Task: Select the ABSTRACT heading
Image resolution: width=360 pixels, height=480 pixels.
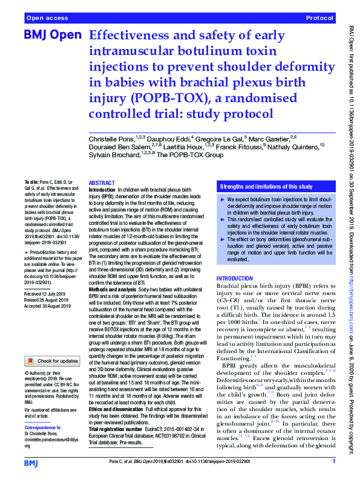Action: click(101, 183)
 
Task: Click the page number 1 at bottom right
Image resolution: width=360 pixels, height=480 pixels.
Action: click(334, 462)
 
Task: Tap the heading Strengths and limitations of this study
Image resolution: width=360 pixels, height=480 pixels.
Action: click(266, 186)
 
